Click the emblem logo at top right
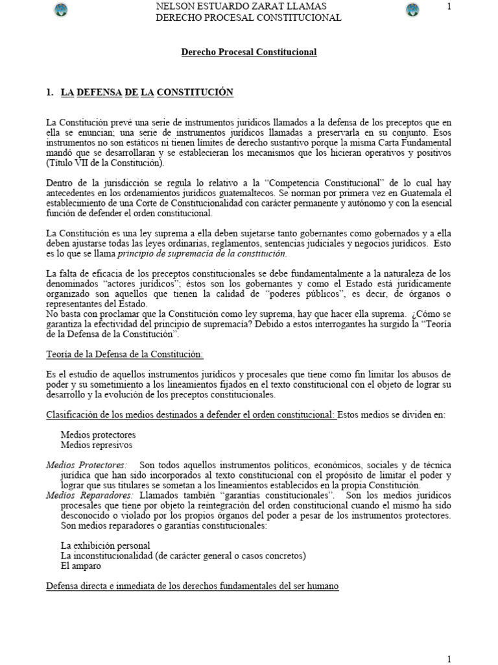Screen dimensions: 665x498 411,10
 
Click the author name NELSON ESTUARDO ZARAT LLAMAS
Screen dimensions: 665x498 248,6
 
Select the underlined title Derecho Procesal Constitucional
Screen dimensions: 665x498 248,52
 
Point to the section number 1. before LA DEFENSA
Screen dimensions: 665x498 50,93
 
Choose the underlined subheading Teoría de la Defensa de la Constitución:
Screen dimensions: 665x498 124,354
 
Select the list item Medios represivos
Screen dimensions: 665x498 97,445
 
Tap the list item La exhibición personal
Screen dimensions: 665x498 105,546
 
